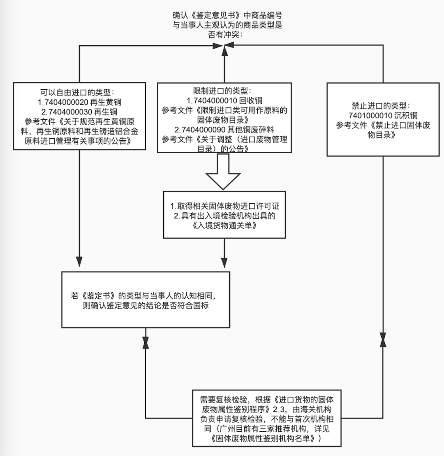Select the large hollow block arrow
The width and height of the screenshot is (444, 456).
[x=223, y=172]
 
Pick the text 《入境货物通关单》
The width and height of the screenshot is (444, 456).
[x=224, y=226]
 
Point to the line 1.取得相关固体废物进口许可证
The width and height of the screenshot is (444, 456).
[x=224, y=206]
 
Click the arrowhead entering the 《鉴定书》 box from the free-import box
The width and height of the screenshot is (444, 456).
[x=79, y=261]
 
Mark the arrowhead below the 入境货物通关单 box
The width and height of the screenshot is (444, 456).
[x=224, y=262]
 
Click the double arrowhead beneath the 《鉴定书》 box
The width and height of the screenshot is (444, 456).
[x=146, y=342]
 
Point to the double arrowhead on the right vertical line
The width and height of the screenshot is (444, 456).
[x=383, y=340]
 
